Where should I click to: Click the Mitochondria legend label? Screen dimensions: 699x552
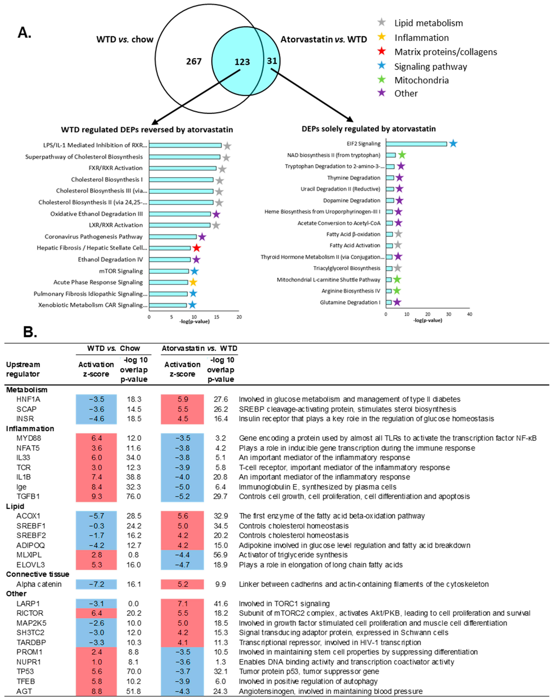pos(421,80)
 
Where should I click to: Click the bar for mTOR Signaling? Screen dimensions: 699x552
pos(169,271)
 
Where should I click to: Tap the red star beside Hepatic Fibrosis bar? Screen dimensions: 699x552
pos(196,248)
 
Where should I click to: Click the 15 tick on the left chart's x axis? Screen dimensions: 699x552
pos(217,317)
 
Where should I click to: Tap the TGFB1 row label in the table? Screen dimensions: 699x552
pos(28,496)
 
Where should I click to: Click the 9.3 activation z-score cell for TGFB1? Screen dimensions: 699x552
pos(96,496)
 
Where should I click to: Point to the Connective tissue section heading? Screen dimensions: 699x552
pos(37,574)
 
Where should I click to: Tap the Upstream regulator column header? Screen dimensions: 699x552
pos(23,369)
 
